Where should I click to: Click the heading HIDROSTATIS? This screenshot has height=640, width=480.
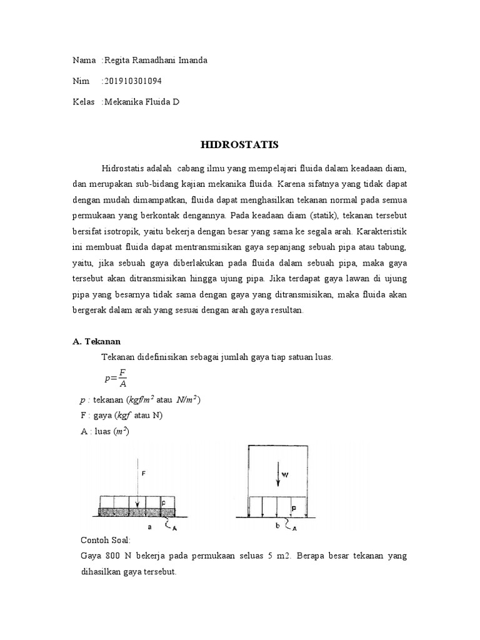tap(239, 144)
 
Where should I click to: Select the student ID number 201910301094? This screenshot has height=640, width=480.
tap(135, 81)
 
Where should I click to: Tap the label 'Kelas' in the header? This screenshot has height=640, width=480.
tap(84, 101)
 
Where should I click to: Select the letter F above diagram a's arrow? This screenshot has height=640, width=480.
tap(143, 474)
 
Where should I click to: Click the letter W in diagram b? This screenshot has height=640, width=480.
tap(284, 474)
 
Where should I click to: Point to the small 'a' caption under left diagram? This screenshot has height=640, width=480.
tap(149, 527)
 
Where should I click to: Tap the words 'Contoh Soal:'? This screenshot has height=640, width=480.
tap(102, 540)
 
